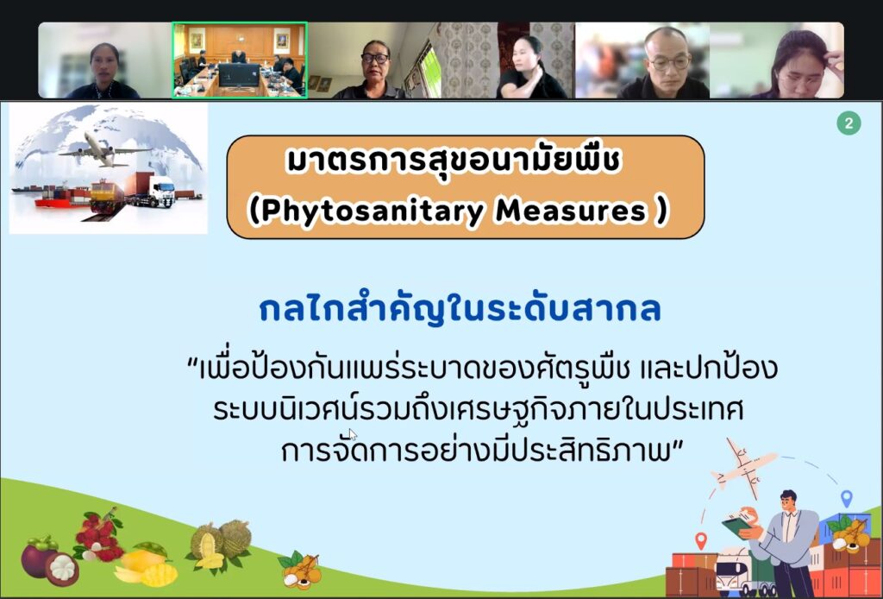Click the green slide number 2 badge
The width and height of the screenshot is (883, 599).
click(849, 123)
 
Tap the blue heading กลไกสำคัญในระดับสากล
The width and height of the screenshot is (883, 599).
click(460, 309)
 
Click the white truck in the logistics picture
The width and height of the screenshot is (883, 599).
click(160, 192)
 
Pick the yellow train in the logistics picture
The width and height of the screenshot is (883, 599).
click(108, 196)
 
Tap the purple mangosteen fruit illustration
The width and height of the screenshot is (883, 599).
click(49, 560)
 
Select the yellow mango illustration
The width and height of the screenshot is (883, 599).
click(145, 566)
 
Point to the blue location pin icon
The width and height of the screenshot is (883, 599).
click(846, 498)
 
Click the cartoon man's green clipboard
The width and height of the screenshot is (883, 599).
click(736, 526)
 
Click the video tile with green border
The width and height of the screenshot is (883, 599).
click(240, 60)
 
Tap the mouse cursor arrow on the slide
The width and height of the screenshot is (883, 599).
click(353, 434)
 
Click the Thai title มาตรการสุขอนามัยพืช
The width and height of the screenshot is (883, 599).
click(454, 161)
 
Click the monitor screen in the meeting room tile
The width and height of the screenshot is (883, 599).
click(240, 74)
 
